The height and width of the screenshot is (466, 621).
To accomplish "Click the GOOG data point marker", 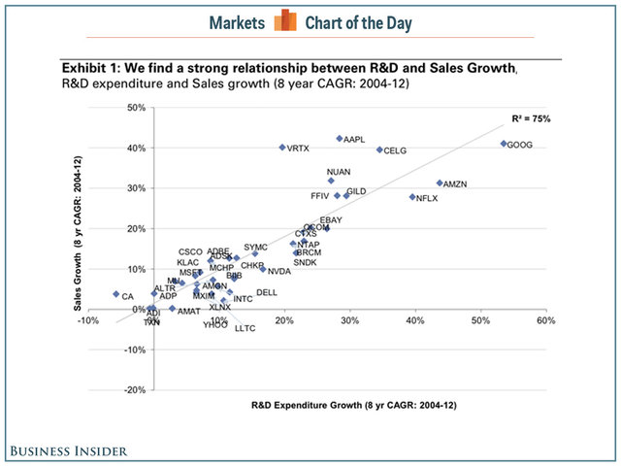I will [504, 144].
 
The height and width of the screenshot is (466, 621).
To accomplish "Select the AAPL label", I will [354, 140].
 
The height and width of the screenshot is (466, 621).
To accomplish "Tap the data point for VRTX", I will [282, 148].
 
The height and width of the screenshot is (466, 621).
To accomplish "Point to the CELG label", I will [395, 151].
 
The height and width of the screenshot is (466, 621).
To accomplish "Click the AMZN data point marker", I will [440, 183].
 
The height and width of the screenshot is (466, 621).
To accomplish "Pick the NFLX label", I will [427, 198].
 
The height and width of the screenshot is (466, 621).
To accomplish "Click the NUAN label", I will [339, 172].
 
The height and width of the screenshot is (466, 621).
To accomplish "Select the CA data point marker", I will [115, 294].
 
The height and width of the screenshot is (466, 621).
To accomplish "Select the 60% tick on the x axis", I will [545, 320].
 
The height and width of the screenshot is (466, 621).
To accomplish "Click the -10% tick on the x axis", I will [89, 320].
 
